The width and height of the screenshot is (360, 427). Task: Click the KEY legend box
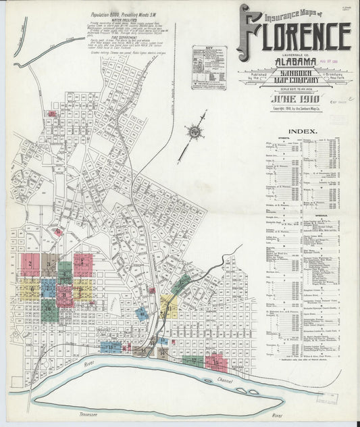pyautogui.click(x=207, y=65)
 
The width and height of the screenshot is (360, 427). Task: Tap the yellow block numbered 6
pyautogui.click(x=30, y=289)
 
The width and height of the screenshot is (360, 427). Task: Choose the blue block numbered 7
pyautogui.click(x=48, y=288)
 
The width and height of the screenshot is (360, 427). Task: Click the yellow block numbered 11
pyautogui.click(x=81, y=291)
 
